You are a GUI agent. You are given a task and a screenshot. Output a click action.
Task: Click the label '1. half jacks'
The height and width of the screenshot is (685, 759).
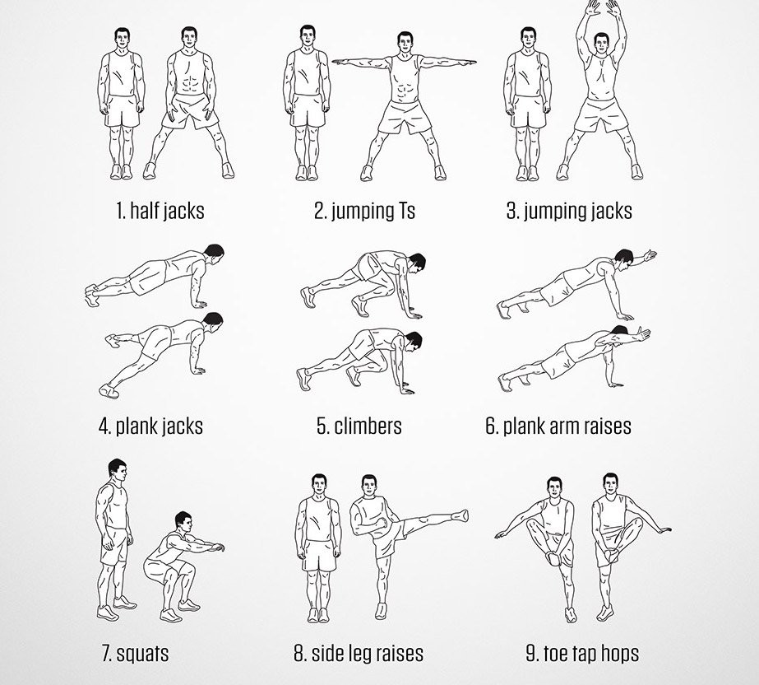click(x=160, y=211)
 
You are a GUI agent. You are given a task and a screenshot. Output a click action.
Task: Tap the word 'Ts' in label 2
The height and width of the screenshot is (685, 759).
click(x=403, y=211)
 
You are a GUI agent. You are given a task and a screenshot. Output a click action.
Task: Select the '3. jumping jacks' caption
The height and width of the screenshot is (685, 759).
click(x=569, y=211)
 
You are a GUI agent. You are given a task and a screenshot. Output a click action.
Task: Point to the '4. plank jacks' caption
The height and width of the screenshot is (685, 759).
click(x=150, y=426)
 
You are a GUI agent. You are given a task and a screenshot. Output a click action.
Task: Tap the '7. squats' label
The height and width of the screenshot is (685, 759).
click(x=136, y=654)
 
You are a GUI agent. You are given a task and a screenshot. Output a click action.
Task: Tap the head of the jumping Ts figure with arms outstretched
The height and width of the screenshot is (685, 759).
click(x=404, y=44)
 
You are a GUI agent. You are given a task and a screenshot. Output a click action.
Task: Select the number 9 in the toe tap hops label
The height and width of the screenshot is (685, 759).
click(x=531, y=655)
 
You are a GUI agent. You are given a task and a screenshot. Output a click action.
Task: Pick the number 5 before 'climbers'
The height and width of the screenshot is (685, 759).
click(x=321, y=426)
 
